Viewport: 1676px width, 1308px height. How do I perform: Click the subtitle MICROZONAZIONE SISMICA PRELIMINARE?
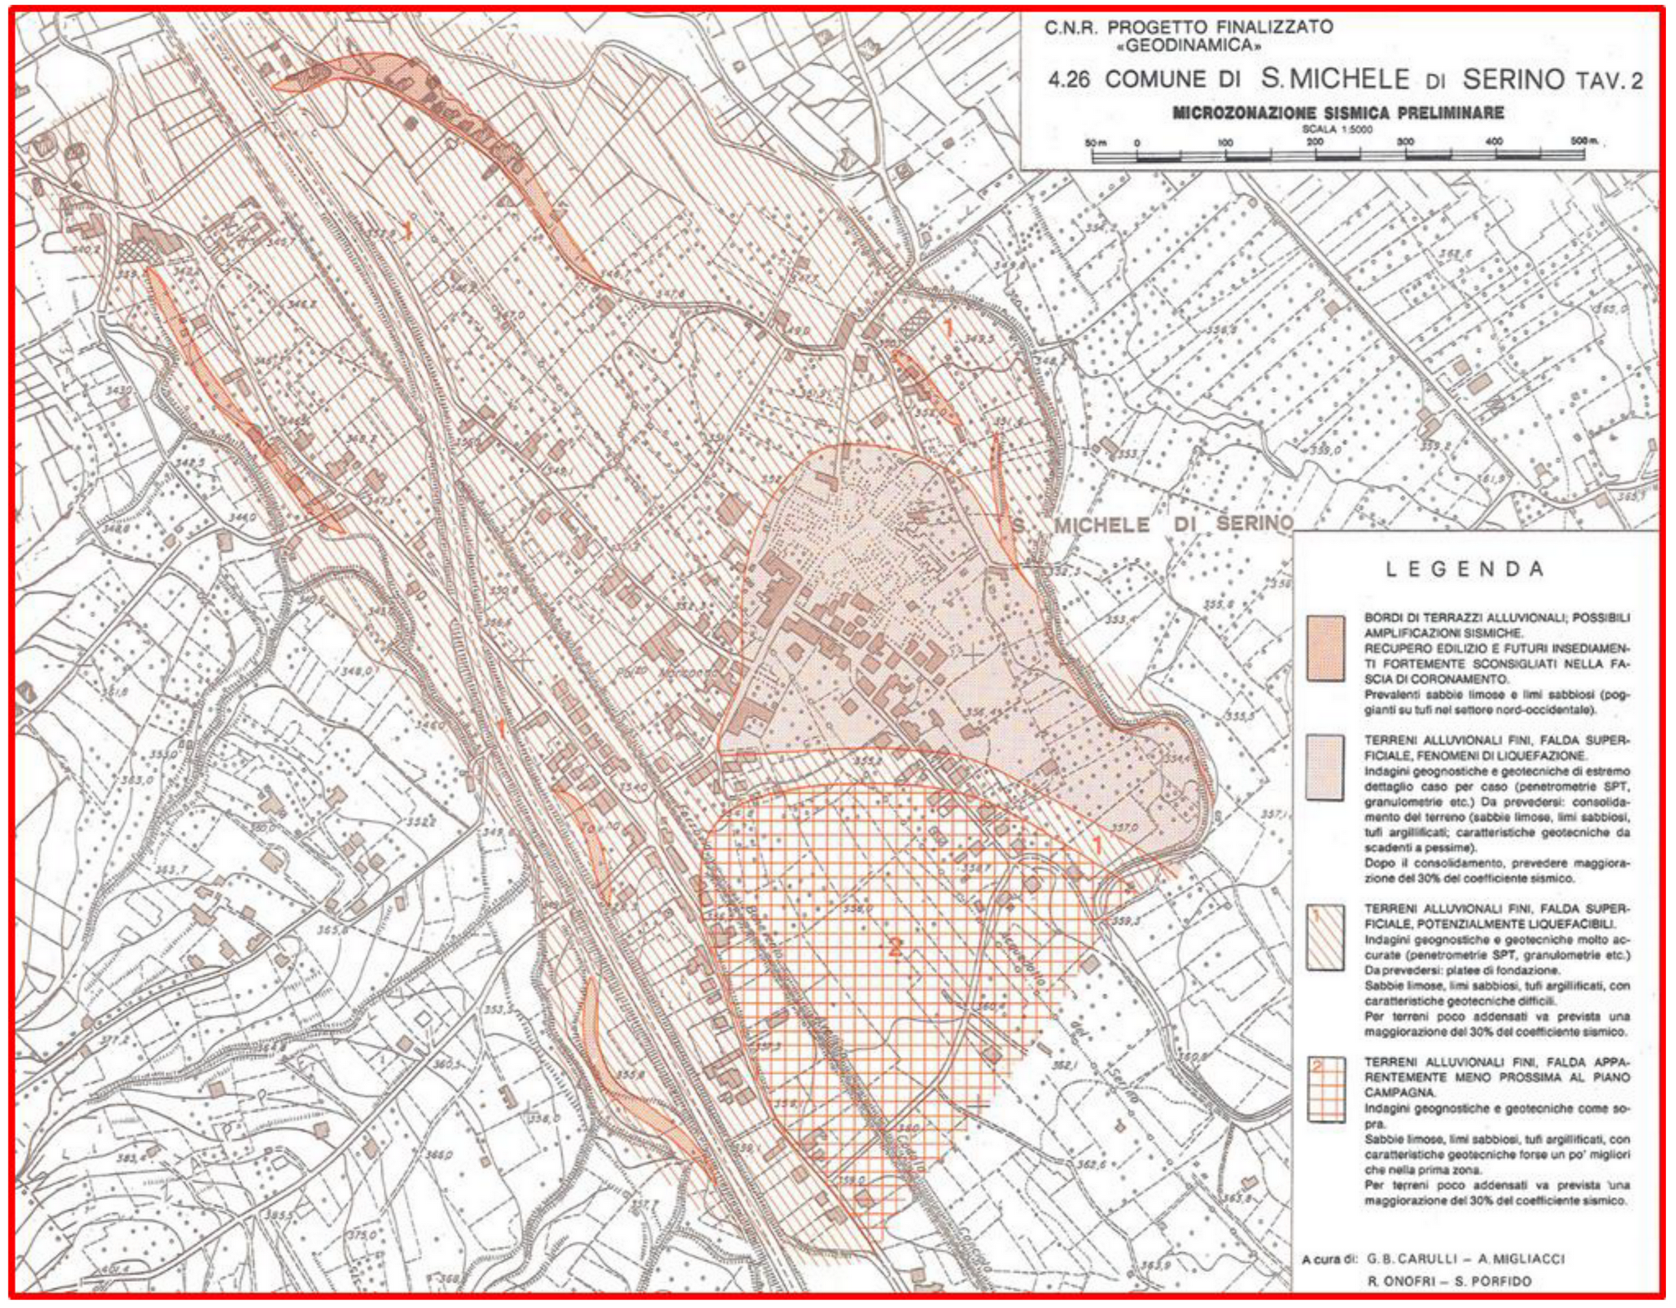(x=1338, y=113)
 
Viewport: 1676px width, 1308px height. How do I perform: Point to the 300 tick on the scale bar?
(x=1405, y=142)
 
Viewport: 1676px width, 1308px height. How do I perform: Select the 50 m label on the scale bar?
(x=1096, y=142)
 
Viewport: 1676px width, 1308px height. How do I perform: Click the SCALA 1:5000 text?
(x=1338, y=129)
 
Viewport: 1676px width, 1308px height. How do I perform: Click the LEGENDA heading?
(x=1464, y=569)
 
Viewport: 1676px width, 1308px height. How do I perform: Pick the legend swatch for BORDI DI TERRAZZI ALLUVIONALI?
(x=1326, y=648)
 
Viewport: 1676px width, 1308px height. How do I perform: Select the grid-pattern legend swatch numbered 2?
(x=1326, y=1089)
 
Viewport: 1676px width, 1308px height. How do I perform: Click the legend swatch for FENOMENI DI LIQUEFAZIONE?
(x=1326, y=767)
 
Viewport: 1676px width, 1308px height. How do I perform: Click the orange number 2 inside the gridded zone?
(x=895, y=948)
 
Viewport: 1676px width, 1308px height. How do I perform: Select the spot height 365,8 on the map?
(x=332, y=929)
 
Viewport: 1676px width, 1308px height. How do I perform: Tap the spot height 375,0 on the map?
(x=362, y=1234)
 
